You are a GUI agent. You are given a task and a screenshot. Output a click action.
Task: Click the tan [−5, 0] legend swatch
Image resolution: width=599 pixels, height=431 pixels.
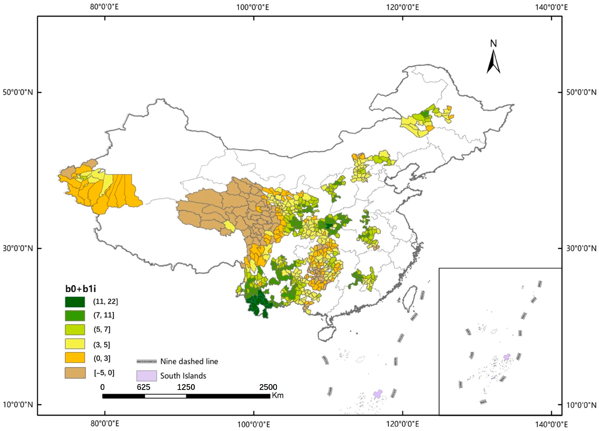tap(75, 373)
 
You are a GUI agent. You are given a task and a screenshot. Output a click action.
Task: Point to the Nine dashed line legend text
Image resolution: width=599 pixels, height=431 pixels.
tap(189, 362)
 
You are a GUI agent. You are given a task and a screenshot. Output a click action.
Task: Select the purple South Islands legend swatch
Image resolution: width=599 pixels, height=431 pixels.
tap(147, 376)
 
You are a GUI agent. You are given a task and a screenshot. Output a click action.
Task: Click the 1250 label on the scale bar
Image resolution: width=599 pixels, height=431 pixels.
tap(186, 387)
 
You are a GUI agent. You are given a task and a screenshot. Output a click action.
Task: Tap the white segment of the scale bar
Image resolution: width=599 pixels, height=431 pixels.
tap(165, 396)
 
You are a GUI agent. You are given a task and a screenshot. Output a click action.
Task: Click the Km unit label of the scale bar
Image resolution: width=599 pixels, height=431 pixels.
tap(277, 396)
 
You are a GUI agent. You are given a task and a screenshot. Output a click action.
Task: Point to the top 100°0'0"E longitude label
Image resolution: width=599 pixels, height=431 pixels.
tap(253, 7)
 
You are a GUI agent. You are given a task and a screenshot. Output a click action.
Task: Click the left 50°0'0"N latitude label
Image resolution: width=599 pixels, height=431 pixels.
tap(18, 92)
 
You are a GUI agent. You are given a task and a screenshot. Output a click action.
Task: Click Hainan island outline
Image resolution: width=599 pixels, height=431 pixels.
tap(327, 334)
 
